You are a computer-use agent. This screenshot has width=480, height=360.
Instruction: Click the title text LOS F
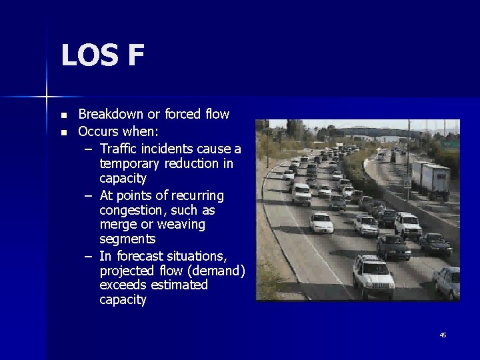pos(102,55)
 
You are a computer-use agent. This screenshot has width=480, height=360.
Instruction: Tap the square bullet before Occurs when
pos(63,132)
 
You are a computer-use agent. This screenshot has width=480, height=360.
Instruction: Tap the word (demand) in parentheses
pos(215,271)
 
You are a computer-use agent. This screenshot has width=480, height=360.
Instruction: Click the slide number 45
pos(443,335)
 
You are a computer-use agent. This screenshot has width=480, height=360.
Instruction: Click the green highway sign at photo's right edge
pos(451,144)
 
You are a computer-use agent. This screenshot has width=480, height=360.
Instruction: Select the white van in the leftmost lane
pos(301,194)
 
